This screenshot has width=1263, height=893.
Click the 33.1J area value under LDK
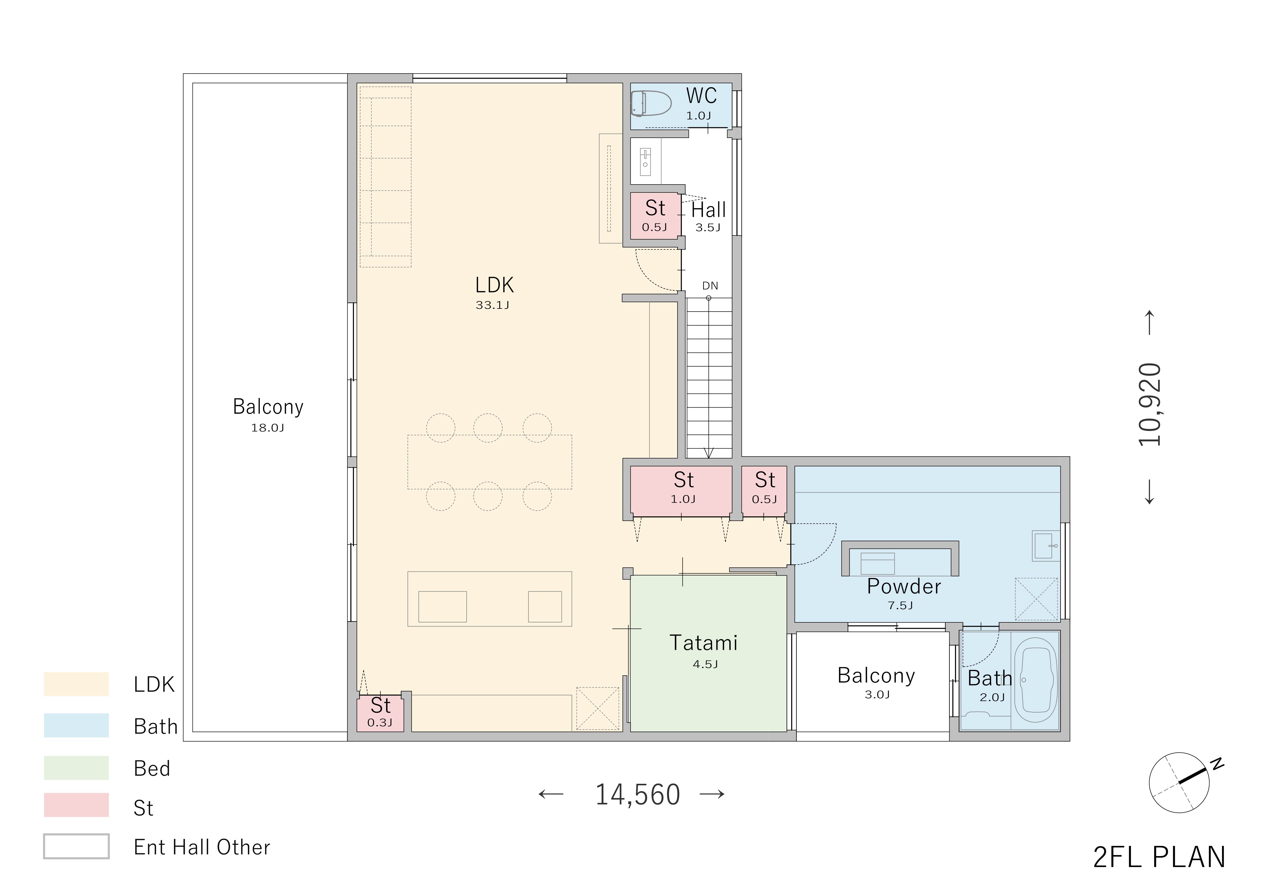[x=492, y=305]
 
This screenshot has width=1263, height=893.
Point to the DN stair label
[x=710, y=286]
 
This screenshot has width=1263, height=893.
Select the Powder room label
[x=904, y=587]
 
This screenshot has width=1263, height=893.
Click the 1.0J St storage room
[x=682, y=491]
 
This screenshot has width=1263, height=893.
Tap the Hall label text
[x=709, y=210]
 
